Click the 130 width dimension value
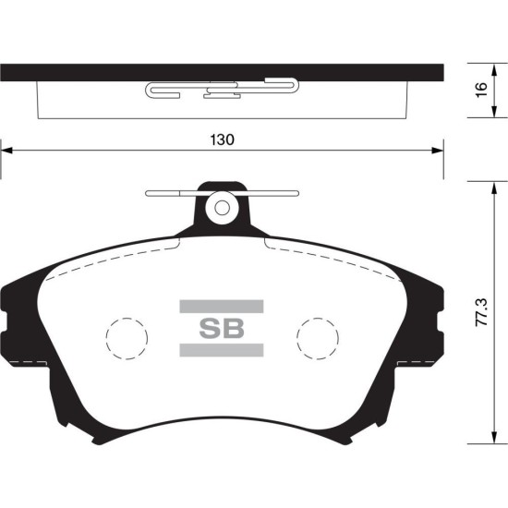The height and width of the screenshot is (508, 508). (x=222, y=139)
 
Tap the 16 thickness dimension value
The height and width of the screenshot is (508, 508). (x=482, y=90)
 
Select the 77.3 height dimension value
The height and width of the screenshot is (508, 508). (x=481, y=312)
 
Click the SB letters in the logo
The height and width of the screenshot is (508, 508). (x=222, y=328)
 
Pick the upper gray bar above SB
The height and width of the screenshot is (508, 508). (x=222, y=306)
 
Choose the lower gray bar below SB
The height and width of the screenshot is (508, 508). (x=222, y=350)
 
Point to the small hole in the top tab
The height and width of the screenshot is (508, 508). (x=222, y=208)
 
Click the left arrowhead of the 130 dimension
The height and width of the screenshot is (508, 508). (x=6, y=151)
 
